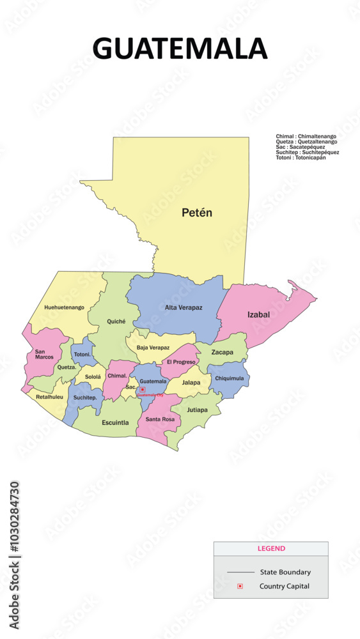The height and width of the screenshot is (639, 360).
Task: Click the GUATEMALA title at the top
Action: (180, 49)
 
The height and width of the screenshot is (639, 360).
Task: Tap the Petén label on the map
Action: (196, 213)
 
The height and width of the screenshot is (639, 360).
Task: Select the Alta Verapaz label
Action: (184, 307)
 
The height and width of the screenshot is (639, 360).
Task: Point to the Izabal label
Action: (259, 314)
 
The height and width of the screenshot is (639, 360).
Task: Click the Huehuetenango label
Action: (64, 307)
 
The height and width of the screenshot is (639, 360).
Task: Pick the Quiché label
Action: (116, 321)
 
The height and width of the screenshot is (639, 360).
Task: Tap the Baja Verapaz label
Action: (153, 348)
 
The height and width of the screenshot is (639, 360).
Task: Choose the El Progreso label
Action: (181, 362)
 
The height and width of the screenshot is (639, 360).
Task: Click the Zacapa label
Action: (222, 352)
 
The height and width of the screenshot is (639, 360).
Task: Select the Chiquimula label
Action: (229, 378)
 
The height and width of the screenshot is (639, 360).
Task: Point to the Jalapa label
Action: (191, 382)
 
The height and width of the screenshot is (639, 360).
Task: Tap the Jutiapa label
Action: (198, 410)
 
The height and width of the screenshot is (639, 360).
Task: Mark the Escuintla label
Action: (116, 422)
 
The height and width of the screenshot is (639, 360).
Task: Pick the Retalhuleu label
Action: (50, 397)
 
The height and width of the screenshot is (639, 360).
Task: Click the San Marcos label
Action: (44, 354)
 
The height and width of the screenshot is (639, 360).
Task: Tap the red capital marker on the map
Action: (143, 389)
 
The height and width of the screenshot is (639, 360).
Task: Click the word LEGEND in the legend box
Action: (271, 549)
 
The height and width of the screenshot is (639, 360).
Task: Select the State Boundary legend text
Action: (285, 572)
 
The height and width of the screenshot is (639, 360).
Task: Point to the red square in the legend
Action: (240, 586)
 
